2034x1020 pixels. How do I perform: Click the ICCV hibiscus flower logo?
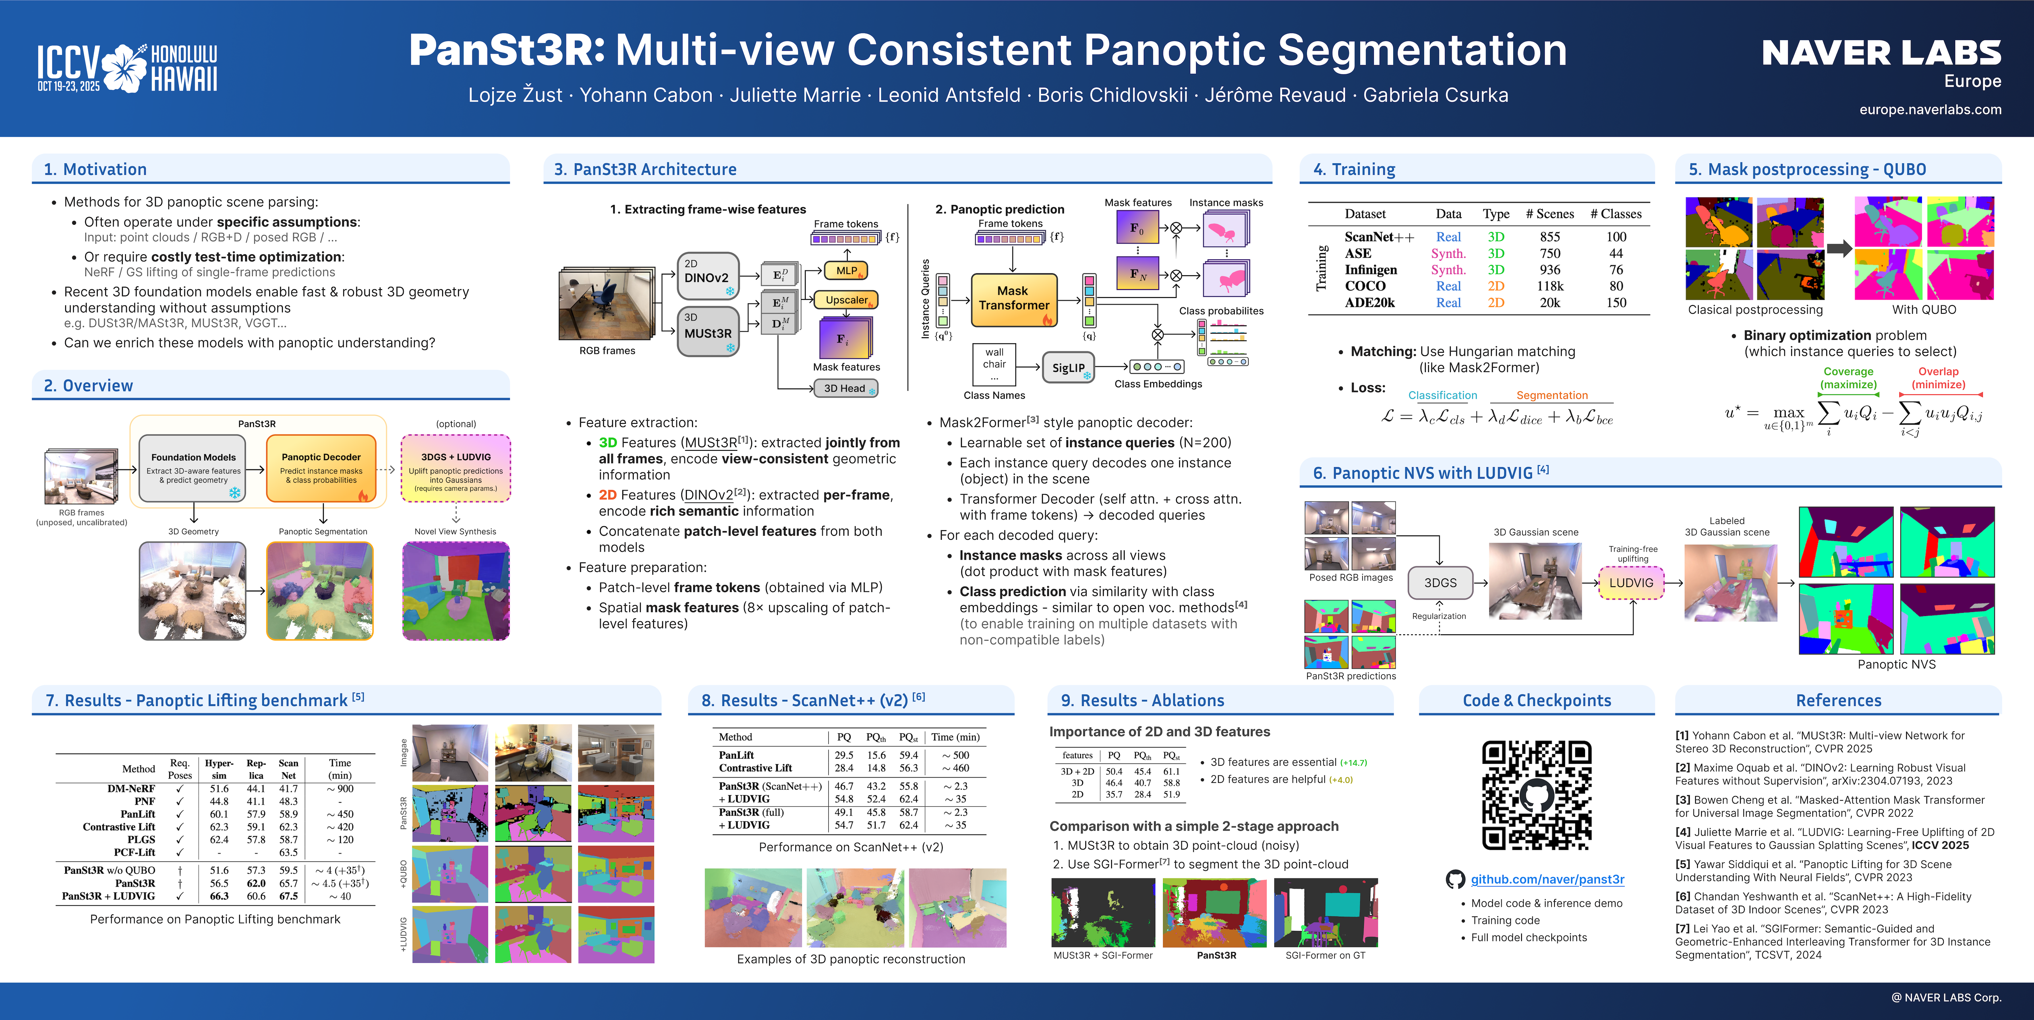(x=125, y=69)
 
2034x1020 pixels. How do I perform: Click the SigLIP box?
(x=1067, y=368)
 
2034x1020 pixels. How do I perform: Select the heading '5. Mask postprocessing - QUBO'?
(x=1807, y=169)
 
